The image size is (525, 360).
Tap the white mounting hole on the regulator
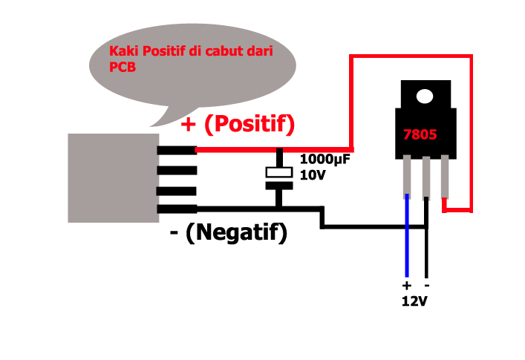tap(425, 96)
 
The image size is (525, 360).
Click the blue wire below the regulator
tap(407, 238)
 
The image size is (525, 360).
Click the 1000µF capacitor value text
tap(325, 159)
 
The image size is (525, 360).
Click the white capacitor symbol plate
tap(279, 172)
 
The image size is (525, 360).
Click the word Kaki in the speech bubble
tap(121, 52)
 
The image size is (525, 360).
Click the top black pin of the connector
tap(177, 149)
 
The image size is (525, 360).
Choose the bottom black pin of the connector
tap(177, 209)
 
